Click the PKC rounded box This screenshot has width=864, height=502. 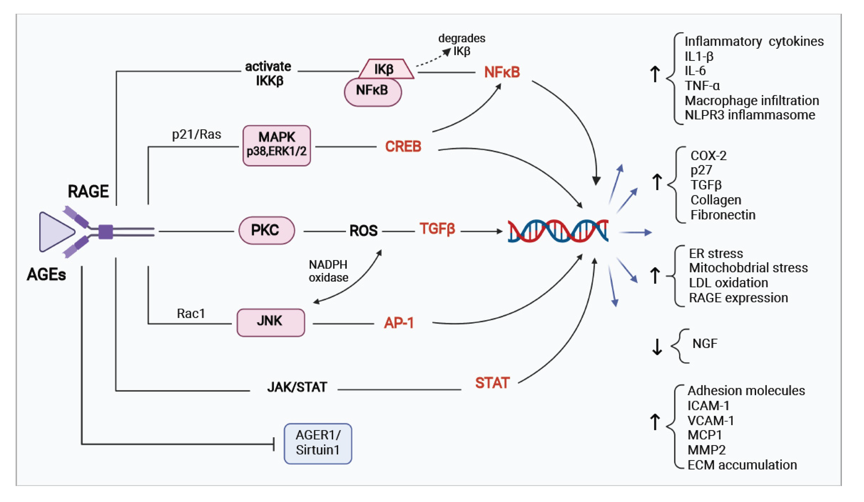click(266, 230)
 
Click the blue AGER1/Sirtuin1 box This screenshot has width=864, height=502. click(317, 443)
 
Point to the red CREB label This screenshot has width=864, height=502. click(403, 146)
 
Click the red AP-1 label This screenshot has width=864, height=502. click(399, 323)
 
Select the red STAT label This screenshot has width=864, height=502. click(492, 383)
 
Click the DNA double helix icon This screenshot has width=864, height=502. click(558, 231)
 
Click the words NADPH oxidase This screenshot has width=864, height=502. click(328, 271)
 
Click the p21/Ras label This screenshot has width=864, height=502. click(196, 134)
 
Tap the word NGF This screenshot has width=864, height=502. click(705, 344)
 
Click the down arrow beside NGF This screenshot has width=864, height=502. click(657, 347)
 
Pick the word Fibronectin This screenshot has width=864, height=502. click(723, 215)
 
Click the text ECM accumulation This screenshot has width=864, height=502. click(742, 465)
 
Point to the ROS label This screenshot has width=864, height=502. click(363, 231)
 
